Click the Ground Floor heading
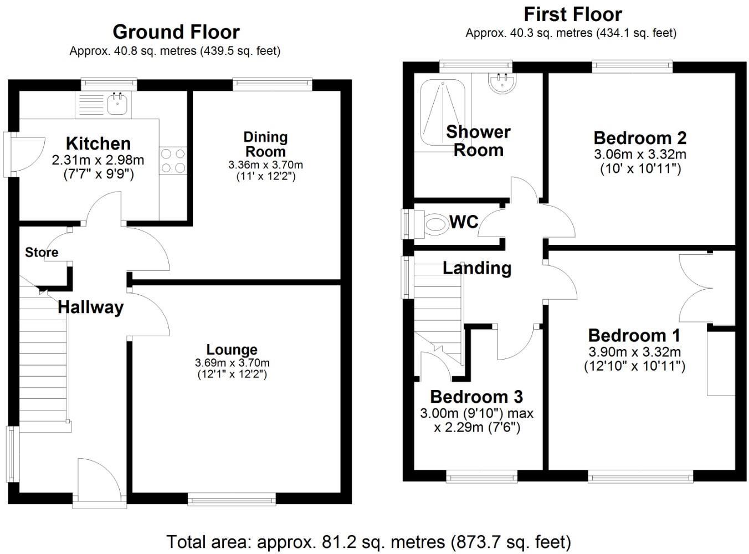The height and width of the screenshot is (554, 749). tap(176, 32)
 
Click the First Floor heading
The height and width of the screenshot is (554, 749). tap(572, 14)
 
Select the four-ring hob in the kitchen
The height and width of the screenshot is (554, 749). tap(173, 161)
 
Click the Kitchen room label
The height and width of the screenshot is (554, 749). tap(98, 143)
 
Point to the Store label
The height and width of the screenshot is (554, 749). tap(42, 253)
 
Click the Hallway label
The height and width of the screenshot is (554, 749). tap(90, 307)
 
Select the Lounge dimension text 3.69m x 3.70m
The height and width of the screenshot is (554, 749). tap(232, 363)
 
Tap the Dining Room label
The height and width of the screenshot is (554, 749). tap(265, 144)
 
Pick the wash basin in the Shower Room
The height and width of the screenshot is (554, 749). tap(502, 84)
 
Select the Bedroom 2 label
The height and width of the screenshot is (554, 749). tap(640, 137)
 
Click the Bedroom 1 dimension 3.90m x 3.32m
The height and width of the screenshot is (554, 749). tap(634, 352)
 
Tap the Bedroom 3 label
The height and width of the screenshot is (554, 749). tap(476, 397)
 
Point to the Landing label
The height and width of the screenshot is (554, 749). tap(476, 268)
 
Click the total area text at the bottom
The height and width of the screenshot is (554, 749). tap(368, 541)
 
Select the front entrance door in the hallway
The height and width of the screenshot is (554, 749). tap(99, 482)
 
